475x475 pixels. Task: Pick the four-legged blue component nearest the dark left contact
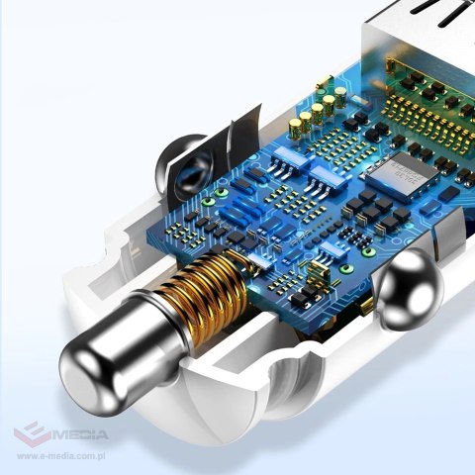(234, 214)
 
